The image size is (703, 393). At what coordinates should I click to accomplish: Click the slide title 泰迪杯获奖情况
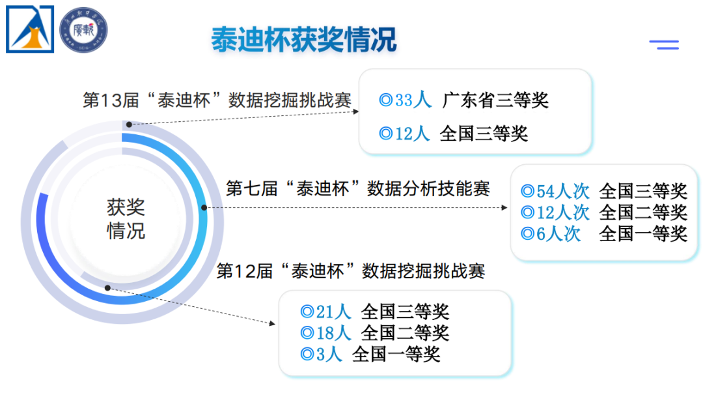tap(303, 40)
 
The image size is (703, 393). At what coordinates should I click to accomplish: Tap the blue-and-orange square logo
tap(30, 29)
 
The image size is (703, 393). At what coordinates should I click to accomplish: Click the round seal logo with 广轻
tap(83, 29)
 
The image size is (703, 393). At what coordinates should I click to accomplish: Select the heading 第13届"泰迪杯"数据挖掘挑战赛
tap(217, 100)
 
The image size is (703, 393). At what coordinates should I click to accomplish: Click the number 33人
tap(413, 100)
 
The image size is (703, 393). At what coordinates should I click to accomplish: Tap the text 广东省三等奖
tap(495, 100)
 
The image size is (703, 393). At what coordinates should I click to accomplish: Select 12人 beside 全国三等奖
tap(413, 134)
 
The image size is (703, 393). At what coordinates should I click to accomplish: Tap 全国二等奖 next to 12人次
tap(643, 212)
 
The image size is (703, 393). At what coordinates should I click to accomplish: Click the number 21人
tap(333, 312)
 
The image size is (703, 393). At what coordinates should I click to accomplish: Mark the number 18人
tap(333, 333)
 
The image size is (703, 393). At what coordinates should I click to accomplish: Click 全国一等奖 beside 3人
tap(396, 354)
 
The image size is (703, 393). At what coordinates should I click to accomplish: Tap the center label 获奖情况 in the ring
tap(126, 219)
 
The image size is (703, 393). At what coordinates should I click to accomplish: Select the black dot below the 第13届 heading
tap(129, 124)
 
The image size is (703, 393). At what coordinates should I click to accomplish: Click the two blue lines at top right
tap(664, 44)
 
